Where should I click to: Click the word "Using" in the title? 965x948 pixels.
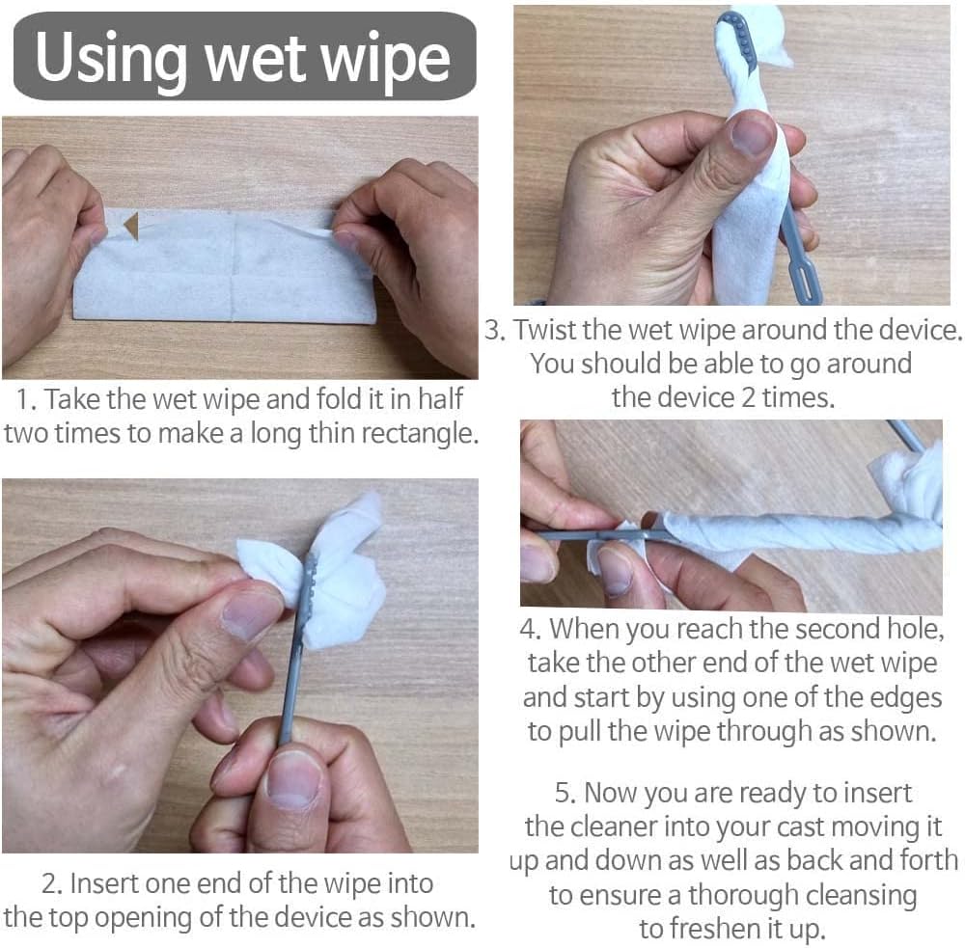coord(111,59)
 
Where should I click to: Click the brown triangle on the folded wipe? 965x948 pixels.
coord(131,227)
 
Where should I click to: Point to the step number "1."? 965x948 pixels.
coord(27,399)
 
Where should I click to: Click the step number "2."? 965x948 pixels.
coord(52,883)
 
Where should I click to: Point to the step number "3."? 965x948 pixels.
coord(495,330)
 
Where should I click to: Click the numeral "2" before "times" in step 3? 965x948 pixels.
coord(749,397)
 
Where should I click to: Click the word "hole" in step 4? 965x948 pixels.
coord(914,629)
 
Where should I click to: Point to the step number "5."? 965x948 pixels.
coord(565,793)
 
